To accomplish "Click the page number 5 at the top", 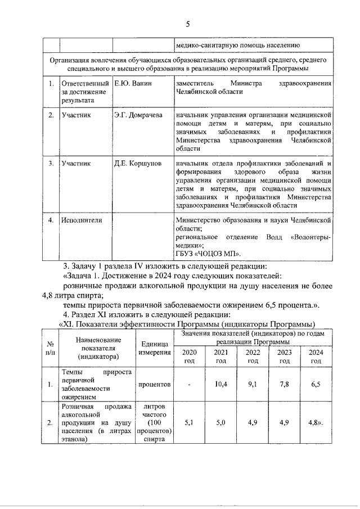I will click(188, 24).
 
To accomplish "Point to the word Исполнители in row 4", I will click(82, 220).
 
